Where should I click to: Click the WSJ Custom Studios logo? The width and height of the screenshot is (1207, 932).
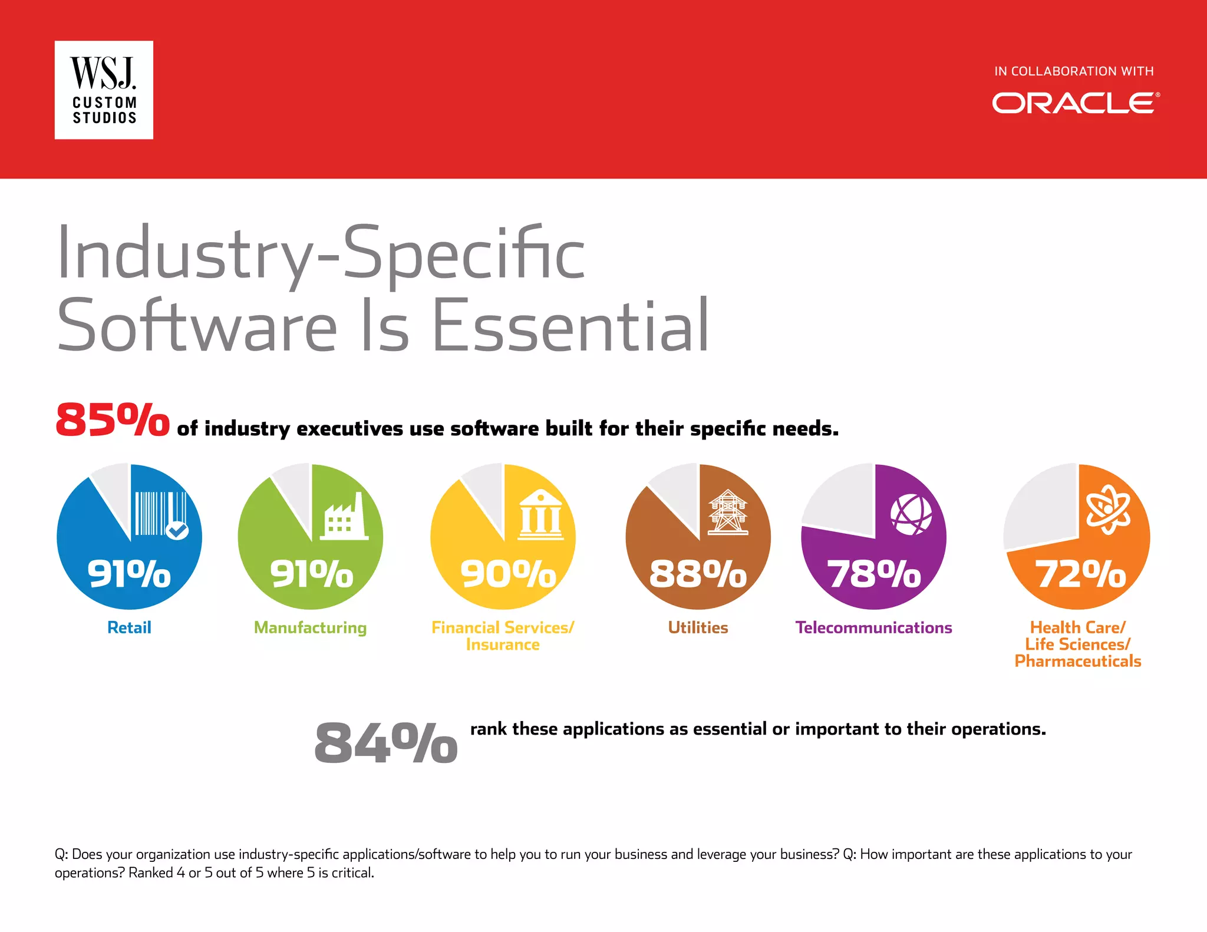104,90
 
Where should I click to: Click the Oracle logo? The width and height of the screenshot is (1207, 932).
1076,103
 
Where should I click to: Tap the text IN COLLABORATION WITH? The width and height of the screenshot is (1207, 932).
1074,71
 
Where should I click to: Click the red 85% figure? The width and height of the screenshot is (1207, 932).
112,421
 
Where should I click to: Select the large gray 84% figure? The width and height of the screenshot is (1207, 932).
385,744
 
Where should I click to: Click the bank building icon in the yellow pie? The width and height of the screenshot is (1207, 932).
540,514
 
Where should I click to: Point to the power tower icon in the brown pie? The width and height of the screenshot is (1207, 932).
728,513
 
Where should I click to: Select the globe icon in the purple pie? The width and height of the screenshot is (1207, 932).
911,514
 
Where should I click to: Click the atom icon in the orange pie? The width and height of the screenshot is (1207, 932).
1108,509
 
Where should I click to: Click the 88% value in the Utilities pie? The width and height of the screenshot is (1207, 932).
698,574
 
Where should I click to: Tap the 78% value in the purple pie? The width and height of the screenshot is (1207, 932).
874,574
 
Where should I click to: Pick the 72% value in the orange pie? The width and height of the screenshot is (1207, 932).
1080,574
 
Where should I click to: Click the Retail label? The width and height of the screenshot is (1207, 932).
129,628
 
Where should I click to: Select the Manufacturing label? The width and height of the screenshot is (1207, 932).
310,628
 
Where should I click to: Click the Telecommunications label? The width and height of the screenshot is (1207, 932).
873,628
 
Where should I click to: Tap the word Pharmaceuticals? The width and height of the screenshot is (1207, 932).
1077,662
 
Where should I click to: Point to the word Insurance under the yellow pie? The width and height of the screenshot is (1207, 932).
503,645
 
